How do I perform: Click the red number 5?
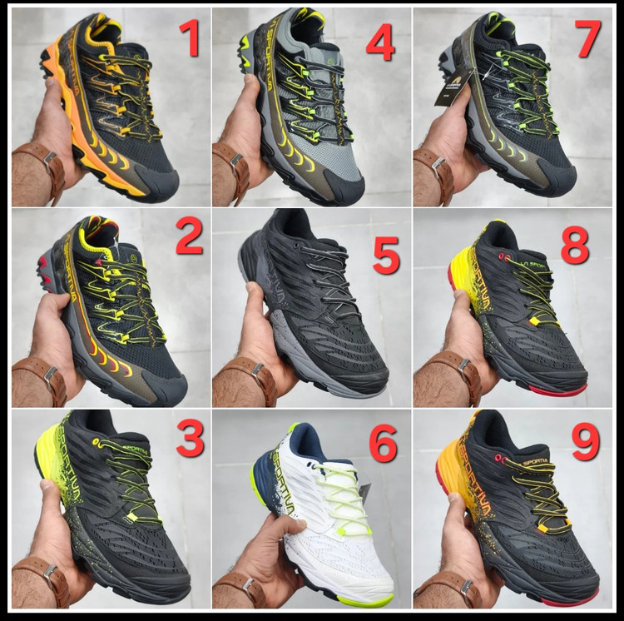[x=386, y=256]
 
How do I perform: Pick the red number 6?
[x=382, y=447]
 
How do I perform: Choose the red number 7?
[x=588, y=39]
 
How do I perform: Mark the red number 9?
[x=585, y=443]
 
